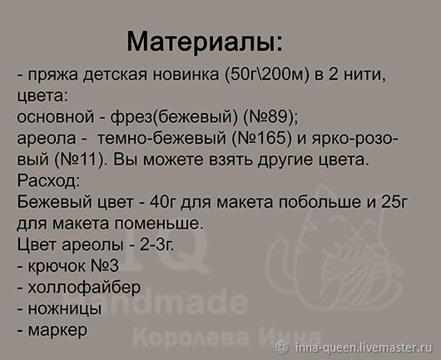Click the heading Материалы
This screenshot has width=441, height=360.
pos(204,42)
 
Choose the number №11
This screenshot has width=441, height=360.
pos(78,160)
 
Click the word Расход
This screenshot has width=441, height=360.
pos(48,180)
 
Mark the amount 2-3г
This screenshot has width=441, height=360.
pos(156,244)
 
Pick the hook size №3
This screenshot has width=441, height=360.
pos(105,265)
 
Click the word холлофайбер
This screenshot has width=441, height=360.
pos(84,287)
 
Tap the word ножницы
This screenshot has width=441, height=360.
pos(65,308)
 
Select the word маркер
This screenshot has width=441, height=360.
pos(57,331)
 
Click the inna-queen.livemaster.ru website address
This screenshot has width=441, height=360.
pos(364,348)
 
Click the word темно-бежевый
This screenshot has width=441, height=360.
pos(161,138)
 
